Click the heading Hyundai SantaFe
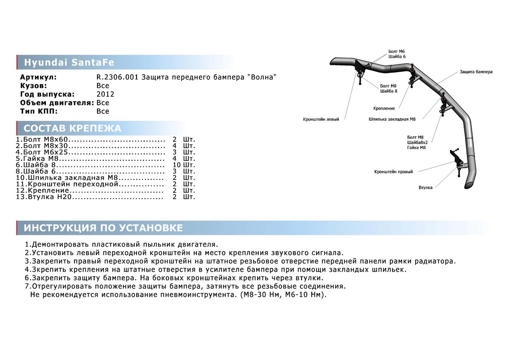pyautogui.click(x=69, y=62)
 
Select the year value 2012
pyautogui.click(x=105, y=94)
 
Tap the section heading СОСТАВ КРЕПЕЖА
pyautogui.click(x=72, y=128)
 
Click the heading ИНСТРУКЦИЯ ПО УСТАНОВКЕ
pyautogui.click(x=103, y=228)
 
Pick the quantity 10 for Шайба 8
pyautogui.click(x=177, y=165)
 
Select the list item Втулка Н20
pyautogui.click(x=43, y=197)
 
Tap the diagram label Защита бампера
pyautogui.click(x=476, y=72)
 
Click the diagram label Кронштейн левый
pyautogui.click(x=321, y=119)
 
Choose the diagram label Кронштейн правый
pyautogui.click(x=393, y=172)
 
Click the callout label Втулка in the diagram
pyautogui.click(x=425, y=187)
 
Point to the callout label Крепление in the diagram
pyautogui.click(x=384, y=108)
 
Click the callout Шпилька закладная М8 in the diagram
pyautogui.click(x=392, y=119)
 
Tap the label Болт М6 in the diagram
pyautogui.click(x=397, y=51)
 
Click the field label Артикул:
pyautogui.click(x=38, y=77)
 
